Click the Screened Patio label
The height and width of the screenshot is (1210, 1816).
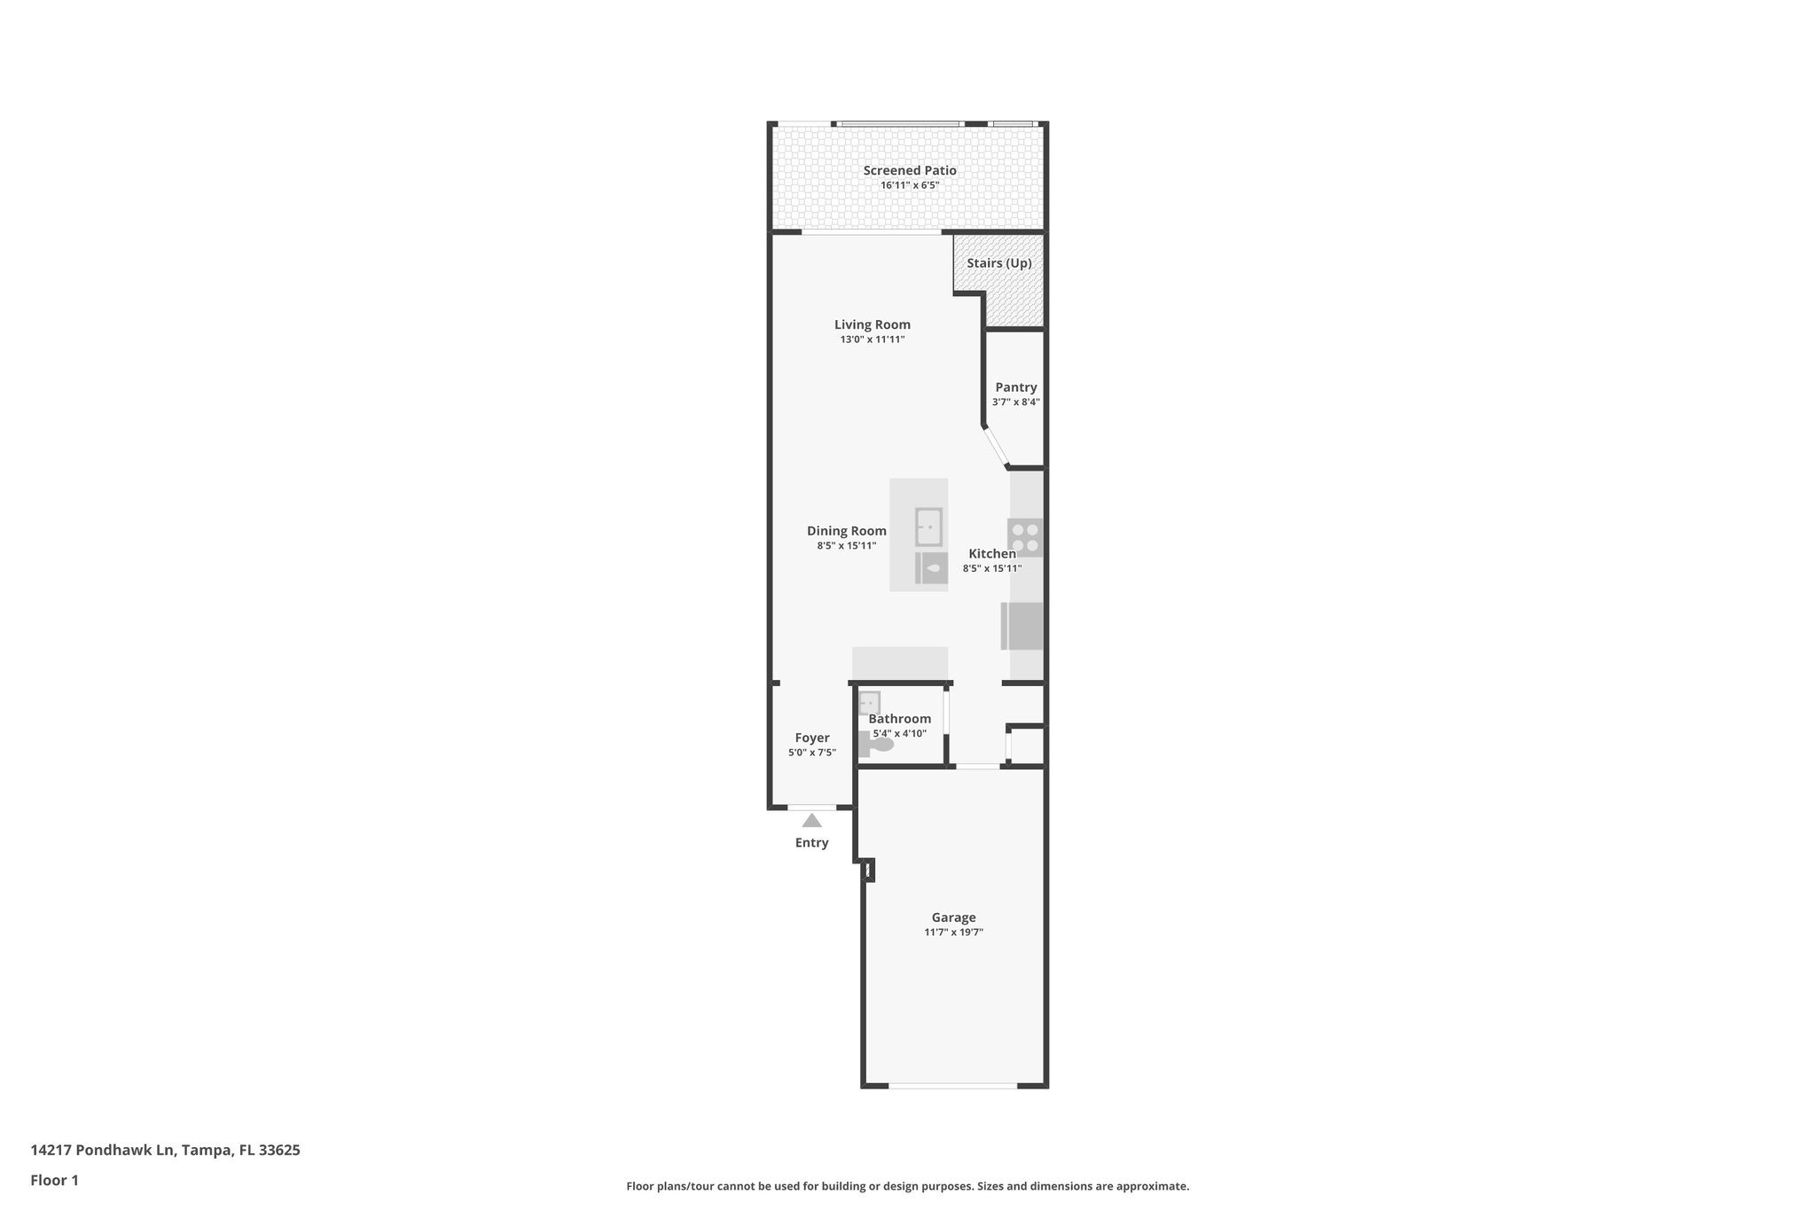tap(910, 170)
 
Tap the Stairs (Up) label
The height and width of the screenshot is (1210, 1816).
tap(998, 263)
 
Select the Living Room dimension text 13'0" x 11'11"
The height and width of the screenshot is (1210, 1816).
tap(872, 340)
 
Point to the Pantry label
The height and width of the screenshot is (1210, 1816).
tap(1015, 387)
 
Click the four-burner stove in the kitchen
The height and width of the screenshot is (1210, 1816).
tap(1025, 537)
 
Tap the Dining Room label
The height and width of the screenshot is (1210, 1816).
tap(846, 531)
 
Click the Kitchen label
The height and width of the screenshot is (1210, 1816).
tap(991, 554)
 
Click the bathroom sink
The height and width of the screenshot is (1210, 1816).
tap(869, 702)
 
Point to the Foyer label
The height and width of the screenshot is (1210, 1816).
tap(811, 738)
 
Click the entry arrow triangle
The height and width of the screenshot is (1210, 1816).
tap(811, 821)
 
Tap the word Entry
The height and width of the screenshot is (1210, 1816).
tap(811, 843)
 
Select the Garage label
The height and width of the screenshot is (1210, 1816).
tap(953, 917)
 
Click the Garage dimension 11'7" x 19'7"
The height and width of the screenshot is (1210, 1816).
tap(953, 933)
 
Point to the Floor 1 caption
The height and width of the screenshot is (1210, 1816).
tap(54, 1180)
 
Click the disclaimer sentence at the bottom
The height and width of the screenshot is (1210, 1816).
tap(907, 1186)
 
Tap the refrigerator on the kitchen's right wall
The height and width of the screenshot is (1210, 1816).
tap(1023, 626)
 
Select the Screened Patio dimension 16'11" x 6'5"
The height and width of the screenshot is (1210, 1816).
tap(910, 186)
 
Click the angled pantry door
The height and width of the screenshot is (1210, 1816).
tap(995, 448)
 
